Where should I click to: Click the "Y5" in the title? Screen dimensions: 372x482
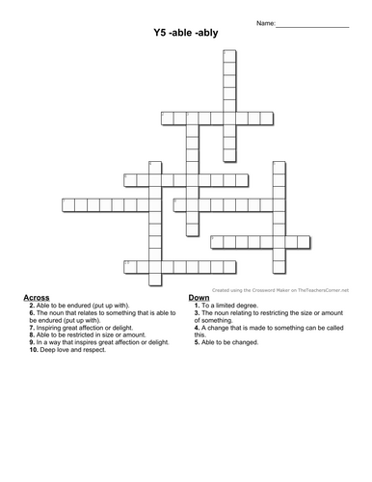(160, 33)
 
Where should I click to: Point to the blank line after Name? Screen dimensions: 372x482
(314, 22)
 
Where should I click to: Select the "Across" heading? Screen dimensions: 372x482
(36, 297)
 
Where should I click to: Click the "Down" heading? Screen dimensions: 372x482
(199, 297)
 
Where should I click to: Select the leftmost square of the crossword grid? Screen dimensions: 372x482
(67, 204)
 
